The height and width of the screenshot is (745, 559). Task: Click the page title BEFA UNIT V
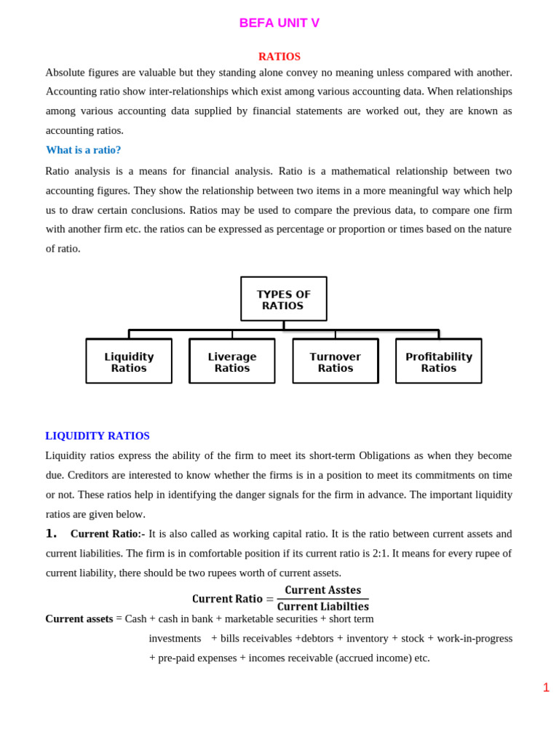pyautogui.click(x=279, y=23)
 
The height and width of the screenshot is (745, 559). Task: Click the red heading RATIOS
pyautogui.click(x=279, y=57)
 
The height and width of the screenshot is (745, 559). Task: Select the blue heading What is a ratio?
pyautogui.click(x=83, y=150)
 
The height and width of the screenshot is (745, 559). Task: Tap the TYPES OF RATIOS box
pyautogui.click(x=283, y=299)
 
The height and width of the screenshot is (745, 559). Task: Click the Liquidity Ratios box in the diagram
pyautogui.click(x=129, y=362)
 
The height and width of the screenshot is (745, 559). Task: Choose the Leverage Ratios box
pyautogui.click(x=232, y=362)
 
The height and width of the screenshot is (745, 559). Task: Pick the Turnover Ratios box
pyautogui.click(x=335, y=362)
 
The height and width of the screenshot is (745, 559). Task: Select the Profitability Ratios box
pyautogui.click(x=438, y=362)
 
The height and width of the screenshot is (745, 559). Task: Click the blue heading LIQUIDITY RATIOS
pyautogui.click(x=98, y=436)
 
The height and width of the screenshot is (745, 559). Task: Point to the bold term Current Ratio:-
pyautogui.click(x=107, y=534)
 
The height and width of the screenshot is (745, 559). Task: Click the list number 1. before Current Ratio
pyautogui.click(x=51, y=533)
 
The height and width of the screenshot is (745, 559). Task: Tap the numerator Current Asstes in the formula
pyautogui.click(x=322, y=590)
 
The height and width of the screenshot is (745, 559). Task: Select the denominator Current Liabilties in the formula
pyautogui.click(x=322, y=607)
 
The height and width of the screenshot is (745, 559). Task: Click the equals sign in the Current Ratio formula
pyautogui.click(x=269, y=599)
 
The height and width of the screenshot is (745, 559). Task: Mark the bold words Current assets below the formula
pyautogui.click(x=79, y=619)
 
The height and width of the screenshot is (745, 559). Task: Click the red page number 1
pyautogui.click(x=546, y=688)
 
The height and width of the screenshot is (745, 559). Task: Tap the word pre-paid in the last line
pyautogui.click(x=177, y=658)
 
